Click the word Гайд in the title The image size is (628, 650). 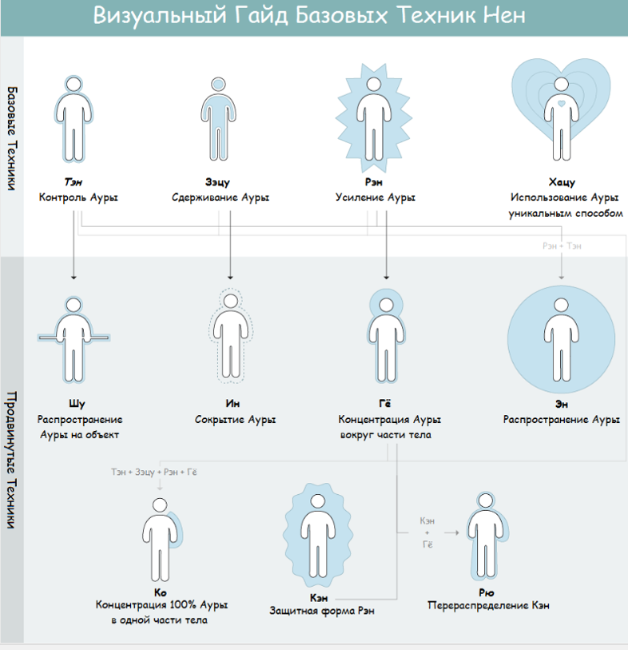(261, 16)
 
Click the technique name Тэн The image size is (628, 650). (74, 182)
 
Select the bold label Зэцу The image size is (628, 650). (217, 182)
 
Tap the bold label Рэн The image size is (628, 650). (374, 182)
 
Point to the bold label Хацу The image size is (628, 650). (562, 182)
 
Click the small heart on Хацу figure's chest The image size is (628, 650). (562, 103)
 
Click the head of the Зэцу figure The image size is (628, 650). (218, 84)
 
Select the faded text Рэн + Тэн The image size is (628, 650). (562, 245)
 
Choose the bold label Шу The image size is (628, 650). (77, 404)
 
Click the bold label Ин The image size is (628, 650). (233, 403)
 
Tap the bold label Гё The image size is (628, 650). (385, 403)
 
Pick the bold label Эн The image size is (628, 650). (562, 405)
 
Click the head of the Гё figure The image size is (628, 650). (386, 305)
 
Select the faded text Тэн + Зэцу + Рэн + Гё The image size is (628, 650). (154, 472)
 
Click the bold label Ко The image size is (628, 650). (160, 592)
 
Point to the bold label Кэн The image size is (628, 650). (319, 598)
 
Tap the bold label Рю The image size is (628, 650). (487, 592)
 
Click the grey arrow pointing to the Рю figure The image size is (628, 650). (451, 532)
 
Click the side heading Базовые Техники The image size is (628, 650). (12, 138)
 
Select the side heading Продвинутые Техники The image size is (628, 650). (11, 459)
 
